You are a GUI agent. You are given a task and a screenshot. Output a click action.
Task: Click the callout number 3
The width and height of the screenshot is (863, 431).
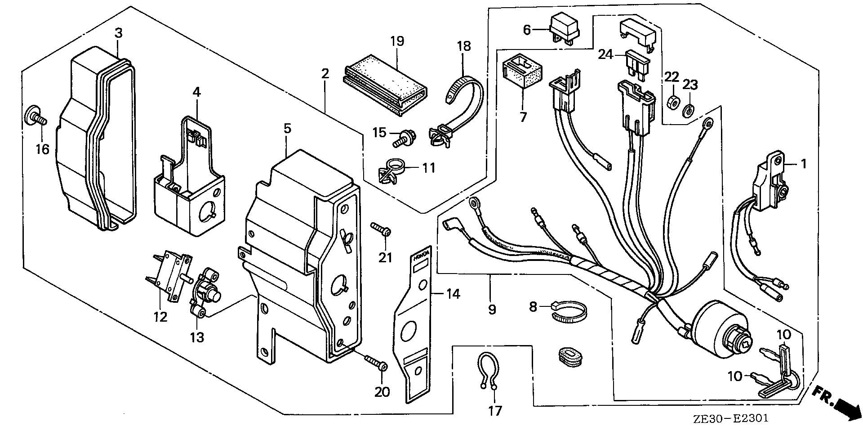(x=118, y=33)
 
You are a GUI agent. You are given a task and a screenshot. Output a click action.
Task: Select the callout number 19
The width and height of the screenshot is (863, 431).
(x=397, y=41)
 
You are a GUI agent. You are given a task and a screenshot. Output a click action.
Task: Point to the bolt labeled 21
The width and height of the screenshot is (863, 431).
(x=380, y=229)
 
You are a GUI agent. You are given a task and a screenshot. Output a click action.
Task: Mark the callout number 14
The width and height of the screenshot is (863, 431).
(x=453, y=294)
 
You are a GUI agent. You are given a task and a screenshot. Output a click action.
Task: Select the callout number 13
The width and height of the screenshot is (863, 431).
(x=197, y=337)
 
